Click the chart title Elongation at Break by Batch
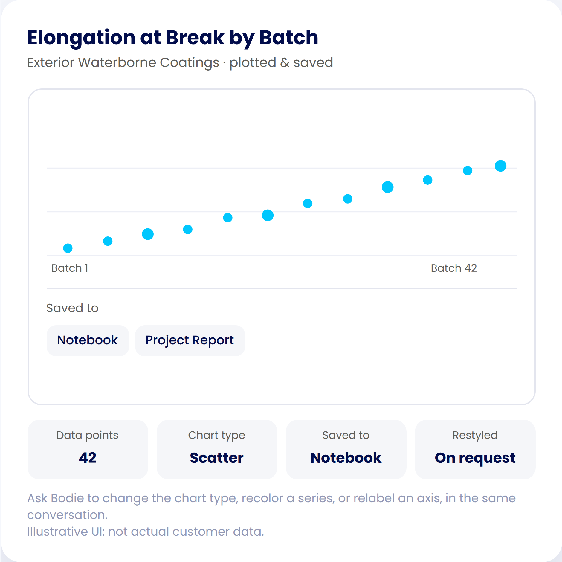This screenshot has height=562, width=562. tap(172, 38)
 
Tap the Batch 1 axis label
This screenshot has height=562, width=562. tap(70, 268)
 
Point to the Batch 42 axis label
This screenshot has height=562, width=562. tap(454, 268)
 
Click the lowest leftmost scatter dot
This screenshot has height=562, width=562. tap(68, 248)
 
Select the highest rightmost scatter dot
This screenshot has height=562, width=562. tap(500, 166)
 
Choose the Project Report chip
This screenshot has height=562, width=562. tap(190, 340)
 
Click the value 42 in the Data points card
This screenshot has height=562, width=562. tap(88, 458)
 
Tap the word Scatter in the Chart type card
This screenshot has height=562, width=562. tap(217, 458)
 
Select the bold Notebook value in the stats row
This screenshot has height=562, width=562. tap(346, 458)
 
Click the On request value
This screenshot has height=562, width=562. tap(475, 458)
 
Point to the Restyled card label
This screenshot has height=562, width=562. tap(475, 435)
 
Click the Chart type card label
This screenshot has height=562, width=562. tap(217, 435)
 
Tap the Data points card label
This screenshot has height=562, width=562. tap(88, 435)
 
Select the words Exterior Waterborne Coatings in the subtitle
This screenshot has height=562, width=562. tap(123, 63)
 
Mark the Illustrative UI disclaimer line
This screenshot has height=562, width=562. tap(146, 532)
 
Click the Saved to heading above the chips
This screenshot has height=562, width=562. tap(72, 308)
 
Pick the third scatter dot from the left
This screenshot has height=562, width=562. tap(148, 234)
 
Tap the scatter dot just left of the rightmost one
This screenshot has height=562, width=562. tap(468, 170)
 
